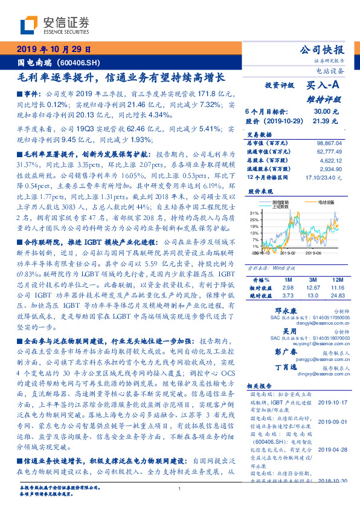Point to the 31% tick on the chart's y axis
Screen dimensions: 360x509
(x=255, y=213)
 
